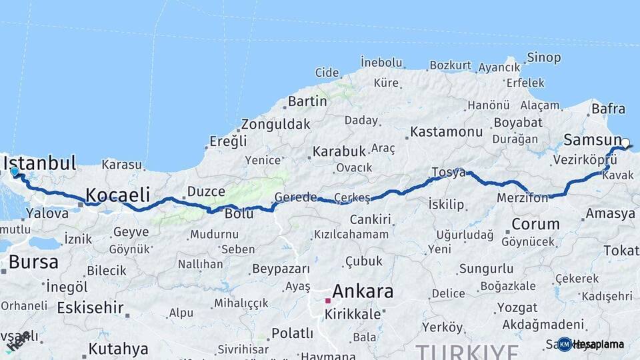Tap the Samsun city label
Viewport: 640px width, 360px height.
coord(592,140)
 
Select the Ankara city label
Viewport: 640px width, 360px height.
coord(363,291)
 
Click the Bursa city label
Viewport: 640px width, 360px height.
coord(33,262)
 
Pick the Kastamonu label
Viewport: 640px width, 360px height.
coord(446,132)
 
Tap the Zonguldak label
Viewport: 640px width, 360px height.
coord(275,124)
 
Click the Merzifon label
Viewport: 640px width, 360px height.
coord(522,198)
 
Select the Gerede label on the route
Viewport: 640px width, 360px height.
coord(296,197)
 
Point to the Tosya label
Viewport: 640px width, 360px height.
coord(448,173)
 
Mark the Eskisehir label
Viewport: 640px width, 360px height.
coord(90,307)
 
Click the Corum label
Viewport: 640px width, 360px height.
coord(535,223)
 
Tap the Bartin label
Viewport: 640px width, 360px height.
coord(307,102)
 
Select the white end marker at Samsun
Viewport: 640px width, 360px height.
coord(625,142)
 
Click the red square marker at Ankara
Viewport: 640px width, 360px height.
coord(328,301)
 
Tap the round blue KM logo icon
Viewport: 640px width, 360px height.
coord(564,344)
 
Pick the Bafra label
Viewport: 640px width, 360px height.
coord(608,109)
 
